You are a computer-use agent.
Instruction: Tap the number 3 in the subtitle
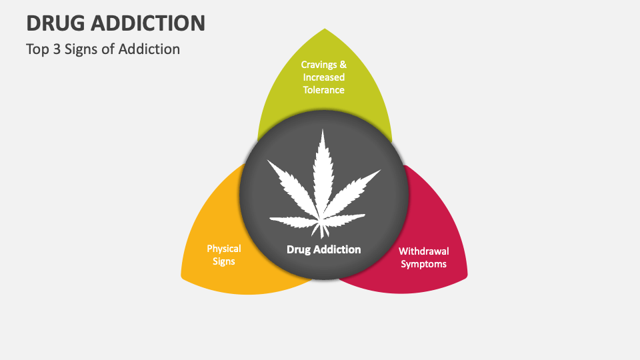click(56, 49)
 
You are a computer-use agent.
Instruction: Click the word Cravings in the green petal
click(318, 65)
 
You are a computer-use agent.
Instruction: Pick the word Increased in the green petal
click(324, 77)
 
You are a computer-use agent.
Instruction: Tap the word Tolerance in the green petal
click(324, 89)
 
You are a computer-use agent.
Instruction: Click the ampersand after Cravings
click(343, 65)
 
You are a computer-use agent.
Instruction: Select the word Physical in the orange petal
click(224, 249)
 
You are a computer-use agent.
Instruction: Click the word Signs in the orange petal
click(224, 261)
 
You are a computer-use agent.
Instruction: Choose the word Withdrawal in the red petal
click(424, 251)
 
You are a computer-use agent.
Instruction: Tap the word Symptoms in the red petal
click(424, 264)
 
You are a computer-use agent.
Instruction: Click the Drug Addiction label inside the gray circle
click(324, 249)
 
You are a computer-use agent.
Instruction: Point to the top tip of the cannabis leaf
click(323, 130)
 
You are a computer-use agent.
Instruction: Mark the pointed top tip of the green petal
click(325, 29)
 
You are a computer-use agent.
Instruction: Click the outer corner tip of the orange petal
click(183, 275)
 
